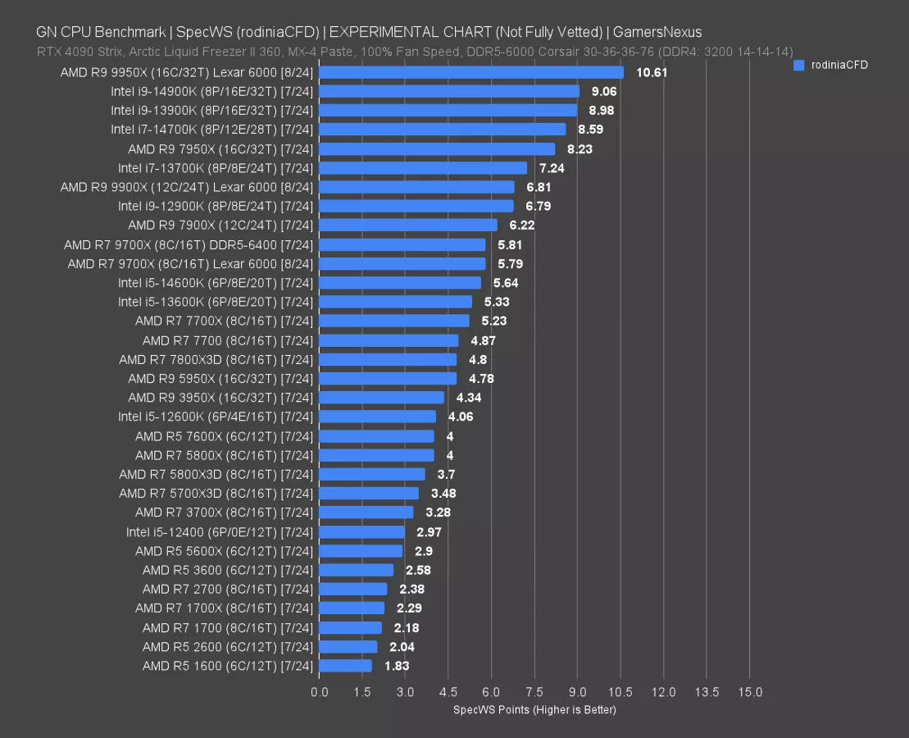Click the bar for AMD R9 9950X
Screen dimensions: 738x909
[x=471, y=72]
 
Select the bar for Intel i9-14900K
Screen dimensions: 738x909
[x=449, y=91]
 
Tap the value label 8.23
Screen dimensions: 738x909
[x=579, y=149]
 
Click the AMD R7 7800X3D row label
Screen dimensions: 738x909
[x=216, y=359]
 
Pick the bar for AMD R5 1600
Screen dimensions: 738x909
[x=345, y=666]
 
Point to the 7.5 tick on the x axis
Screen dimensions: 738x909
[x=534, y=692]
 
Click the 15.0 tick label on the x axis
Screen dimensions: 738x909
[x=749, y=692]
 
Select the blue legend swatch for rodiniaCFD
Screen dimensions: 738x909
[x=799, y=66]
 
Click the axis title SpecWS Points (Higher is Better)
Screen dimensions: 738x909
[x=534, y=709]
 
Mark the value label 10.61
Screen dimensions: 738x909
[x=652, y=72]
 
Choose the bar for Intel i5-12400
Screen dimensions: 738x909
[x=361, y=531]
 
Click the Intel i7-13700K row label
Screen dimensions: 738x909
[x=216, y=168]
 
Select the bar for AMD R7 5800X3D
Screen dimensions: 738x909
[x=372, y=474]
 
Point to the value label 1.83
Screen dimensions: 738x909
[x=397, y=666]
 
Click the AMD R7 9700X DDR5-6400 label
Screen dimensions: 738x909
[x=189, y=244]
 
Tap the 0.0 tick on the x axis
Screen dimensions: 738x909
[x=320, y=692]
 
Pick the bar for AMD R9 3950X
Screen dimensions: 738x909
[x=381, y=398]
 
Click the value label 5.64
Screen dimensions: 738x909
[x=506, y=283]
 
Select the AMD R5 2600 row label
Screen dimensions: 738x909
[x=228, y=646]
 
